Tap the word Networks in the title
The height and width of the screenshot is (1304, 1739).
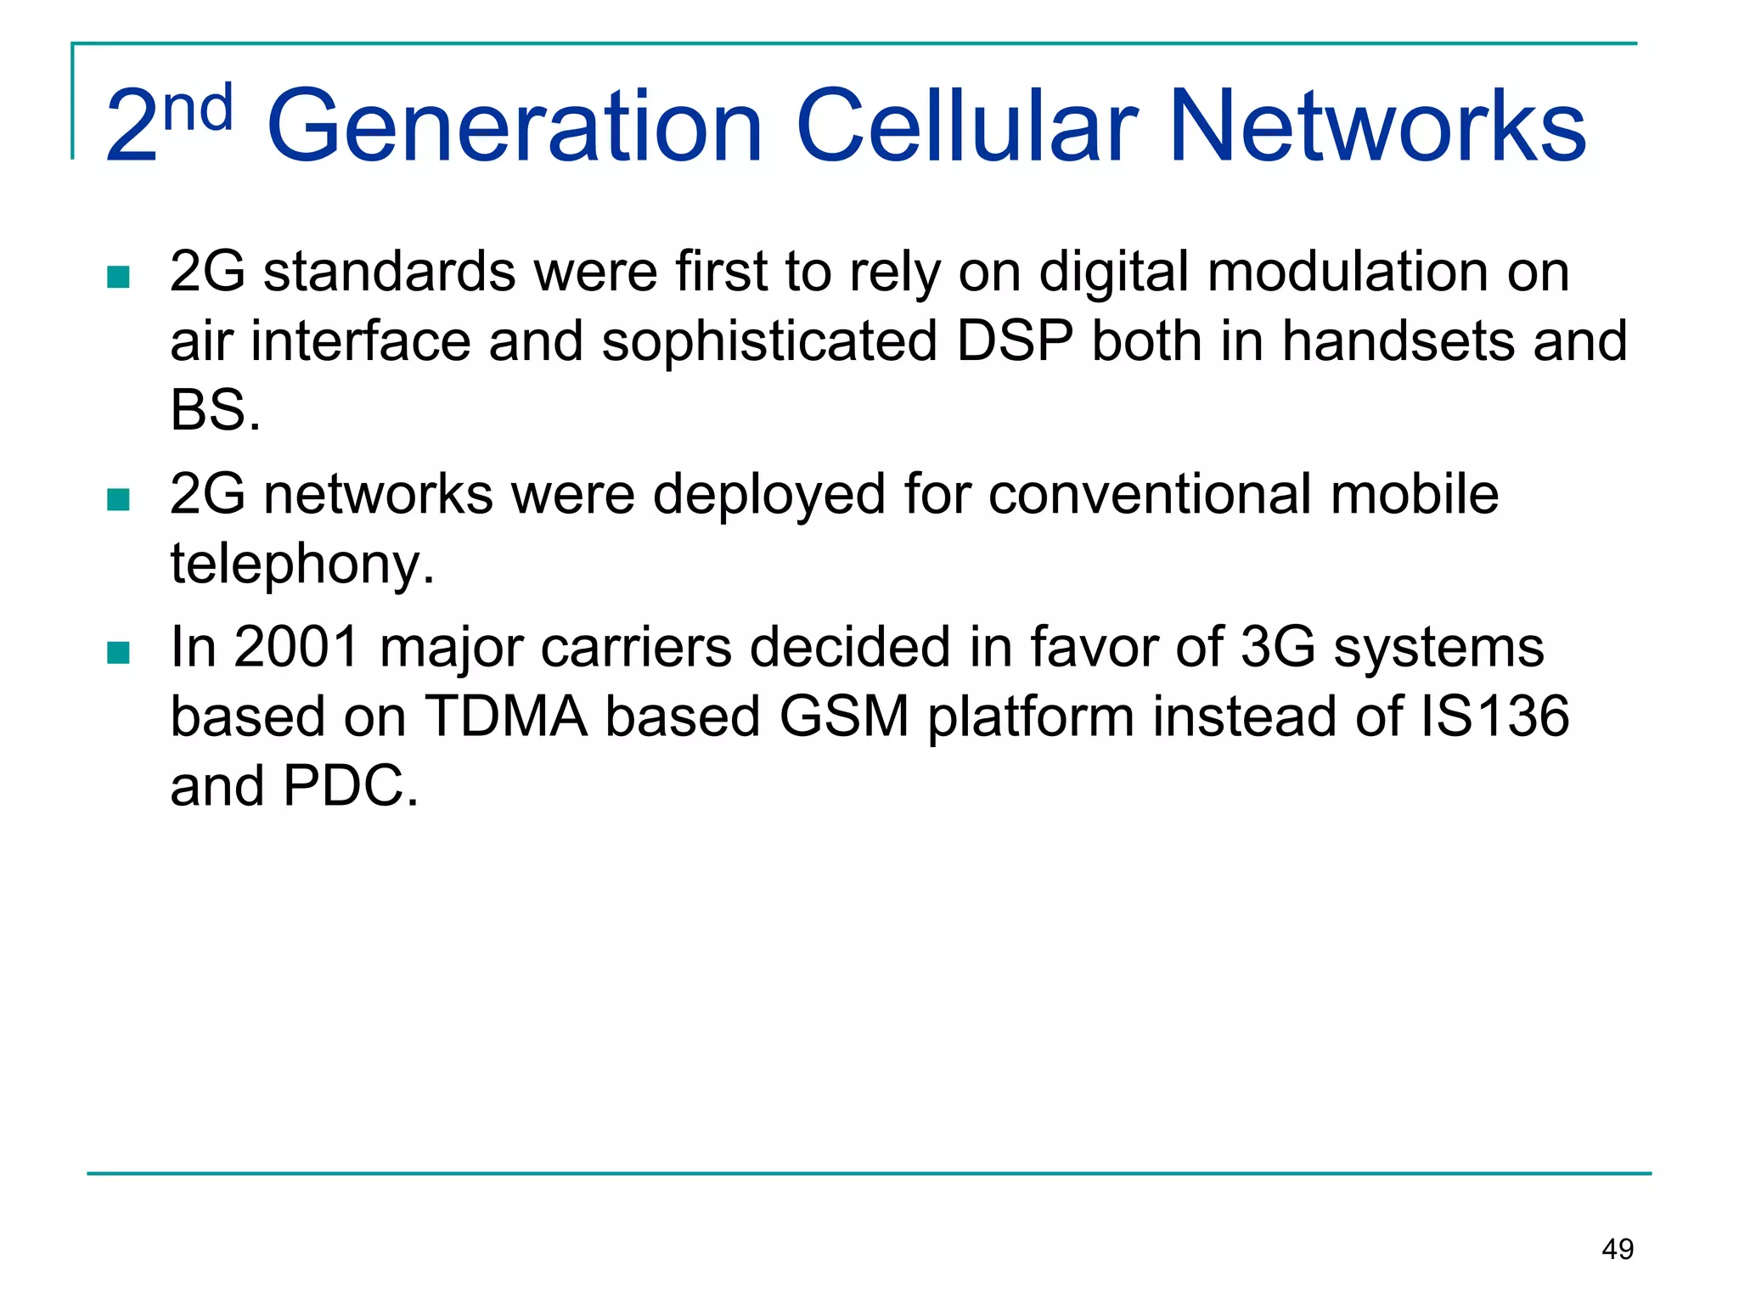pos(1377,127)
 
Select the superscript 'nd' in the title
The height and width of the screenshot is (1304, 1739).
pos(198,110)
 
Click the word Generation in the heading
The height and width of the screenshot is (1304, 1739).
pos(515,127)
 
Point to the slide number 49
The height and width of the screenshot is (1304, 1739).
pos(1618,1249)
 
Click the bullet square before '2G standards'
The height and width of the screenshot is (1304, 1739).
pos(118,277)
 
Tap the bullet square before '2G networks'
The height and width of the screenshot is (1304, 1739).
pos(118,499)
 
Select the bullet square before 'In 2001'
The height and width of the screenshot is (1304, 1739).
pos(118,652)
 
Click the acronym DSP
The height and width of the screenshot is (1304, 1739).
pos(1015,341)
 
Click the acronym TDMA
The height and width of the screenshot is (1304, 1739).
pos(506,717)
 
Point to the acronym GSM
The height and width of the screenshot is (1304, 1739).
pos(844,717)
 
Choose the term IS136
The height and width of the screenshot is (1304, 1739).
pos(1494,717)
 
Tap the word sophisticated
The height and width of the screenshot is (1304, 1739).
pos(769,341)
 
